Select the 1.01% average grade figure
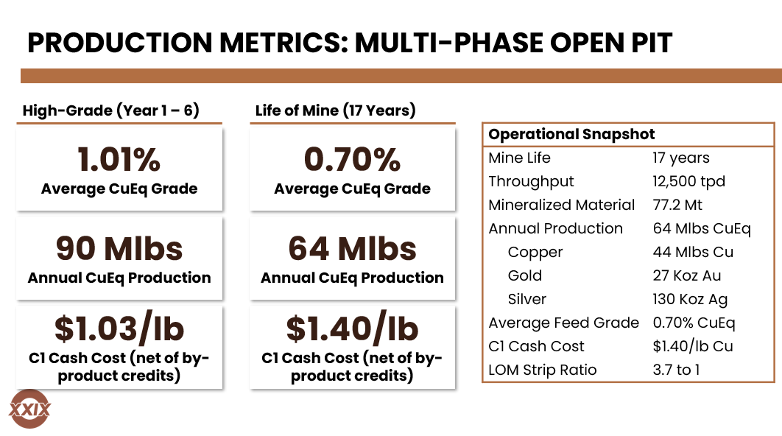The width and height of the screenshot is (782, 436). pyautogui.click(x=119, y=159)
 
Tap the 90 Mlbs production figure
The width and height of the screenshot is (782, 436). pyautogui.click(x=119, y=248)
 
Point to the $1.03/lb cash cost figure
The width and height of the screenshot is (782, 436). pyautogui.click(x=119, y=329)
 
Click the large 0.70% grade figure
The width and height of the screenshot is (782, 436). pyautogui.click(x=352, y=159)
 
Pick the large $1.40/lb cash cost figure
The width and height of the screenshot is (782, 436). pyautogui.click(x=352, y=329)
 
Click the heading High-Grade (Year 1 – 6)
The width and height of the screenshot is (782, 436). pyautogui.click(x=111, y=110)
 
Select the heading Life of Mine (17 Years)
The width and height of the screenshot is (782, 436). pyautogui.click(x=335, y=110)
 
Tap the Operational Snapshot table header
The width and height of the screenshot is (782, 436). pyautogui.click(x=571, y=134)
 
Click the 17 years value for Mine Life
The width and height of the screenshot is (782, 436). pyautogui.click(x=680, y=158)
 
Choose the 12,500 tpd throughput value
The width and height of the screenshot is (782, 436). pyautogui.click(x=688, y=181)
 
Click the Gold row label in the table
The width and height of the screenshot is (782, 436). pyautogui.click(x=524, y=275)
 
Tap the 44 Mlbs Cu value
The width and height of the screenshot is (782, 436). pyautogui.click(x=693, y=252)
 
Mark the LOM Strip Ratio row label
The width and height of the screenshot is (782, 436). pyautogui.click(x=543, y=370)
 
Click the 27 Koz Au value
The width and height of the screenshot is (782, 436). pyautogui.click(x=687, y=275)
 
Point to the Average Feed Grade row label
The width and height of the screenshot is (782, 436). pyautogui.click(x=563, y=323)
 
